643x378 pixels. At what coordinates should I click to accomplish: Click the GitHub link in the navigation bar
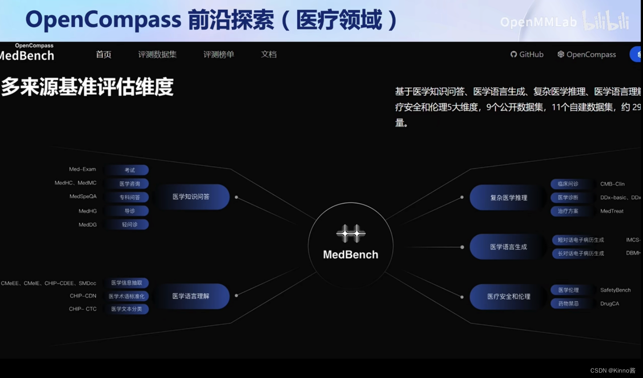(x=527, y=54)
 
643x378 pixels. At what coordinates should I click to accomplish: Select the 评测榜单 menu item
(x=219, y=54)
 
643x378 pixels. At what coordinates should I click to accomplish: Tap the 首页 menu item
(x=103, y=54)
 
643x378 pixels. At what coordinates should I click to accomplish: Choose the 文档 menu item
(x=269, y=54)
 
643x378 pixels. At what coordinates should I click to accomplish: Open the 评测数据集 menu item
(x=157, y=54)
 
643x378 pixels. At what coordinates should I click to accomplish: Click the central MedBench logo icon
(x=351, y=233)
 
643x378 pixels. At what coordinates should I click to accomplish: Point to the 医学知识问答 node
(x=191, y=197)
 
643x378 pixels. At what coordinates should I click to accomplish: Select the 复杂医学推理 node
(x=508, y=198)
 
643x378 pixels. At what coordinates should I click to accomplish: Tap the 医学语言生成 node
(x=508, y=247)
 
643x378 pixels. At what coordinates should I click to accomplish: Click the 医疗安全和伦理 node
(x=508, y=296)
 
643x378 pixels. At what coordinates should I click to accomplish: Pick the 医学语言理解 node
(x=191, y=296)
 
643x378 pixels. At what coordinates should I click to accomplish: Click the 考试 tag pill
(x=129, y=170)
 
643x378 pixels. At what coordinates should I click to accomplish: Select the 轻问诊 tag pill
(x=129, y=224)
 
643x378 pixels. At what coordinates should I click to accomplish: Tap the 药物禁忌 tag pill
(x=568, y=303)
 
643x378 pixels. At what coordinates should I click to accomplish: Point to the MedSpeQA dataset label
(x=83, y=197)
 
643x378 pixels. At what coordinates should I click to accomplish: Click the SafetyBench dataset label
(x=615, y=290)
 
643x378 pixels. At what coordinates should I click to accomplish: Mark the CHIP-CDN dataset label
(x=83, y=296)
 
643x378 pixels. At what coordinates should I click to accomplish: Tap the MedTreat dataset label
(x=612, y=211)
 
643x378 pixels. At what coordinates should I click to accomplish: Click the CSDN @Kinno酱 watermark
(x=612, y=370)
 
